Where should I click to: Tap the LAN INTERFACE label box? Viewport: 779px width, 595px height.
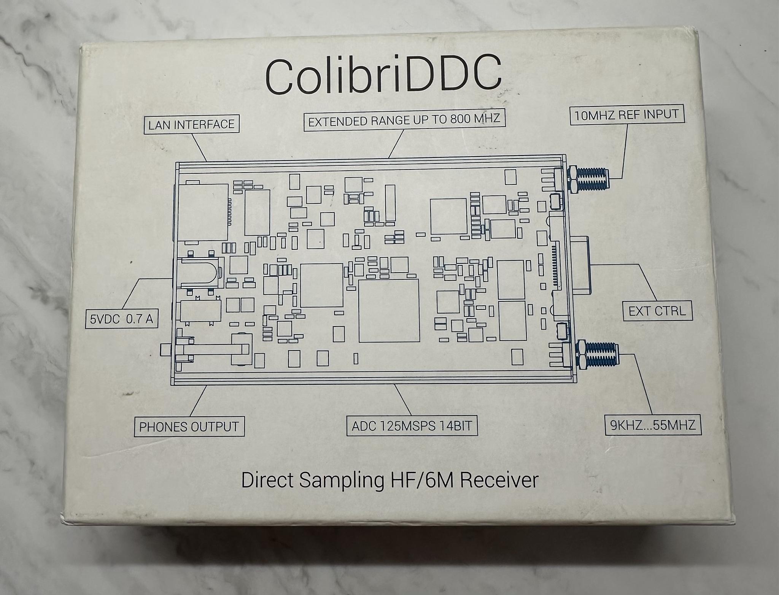pos(191,124)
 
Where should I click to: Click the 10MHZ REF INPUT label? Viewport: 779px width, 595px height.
pos(626,115)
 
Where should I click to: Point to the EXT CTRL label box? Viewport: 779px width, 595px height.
pos(657,311)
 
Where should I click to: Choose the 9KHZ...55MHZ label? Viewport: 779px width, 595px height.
pos(653,424)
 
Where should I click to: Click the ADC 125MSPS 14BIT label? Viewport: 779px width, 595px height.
pos(412,426)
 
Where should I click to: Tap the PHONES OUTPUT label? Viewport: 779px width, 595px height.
pos(189,427)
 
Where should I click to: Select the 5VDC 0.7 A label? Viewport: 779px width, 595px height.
pos(121,319)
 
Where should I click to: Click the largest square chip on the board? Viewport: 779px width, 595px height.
pos(389,311)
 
